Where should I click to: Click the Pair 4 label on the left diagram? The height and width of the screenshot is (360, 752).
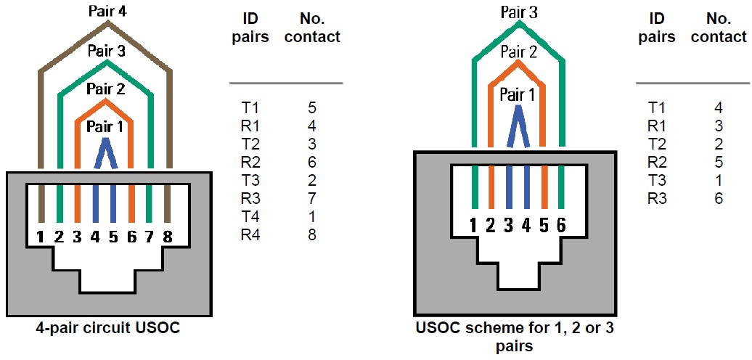pyautogui.click(x=107, y=12)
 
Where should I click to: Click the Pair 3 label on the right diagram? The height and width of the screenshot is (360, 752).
pyautogui.click(x=519, y=12)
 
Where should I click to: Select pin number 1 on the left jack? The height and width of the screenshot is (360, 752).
pyautogui.click(x=41, y=236)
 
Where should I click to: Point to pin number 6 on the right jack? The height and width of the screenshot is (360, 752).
pyautogui.click(x=560, y=226)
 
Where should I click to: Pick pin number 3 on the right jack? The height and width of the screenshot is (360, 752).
pyautogui.click(x=508, y=226)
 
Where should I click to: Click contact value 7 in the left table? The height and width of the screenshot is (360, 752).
pyautogui.click(x=312, y=198)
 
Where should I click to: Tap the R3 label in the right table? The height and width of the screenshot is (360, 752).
pyautogui.click(x=656, y=197)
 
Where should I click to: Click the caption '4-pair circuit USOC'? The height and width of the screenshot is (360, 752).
pyautogui.click(x=108, y=327)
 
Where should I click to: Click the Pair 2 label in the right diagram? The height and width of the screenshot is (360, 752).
pyautogui.click(x=518, y=52)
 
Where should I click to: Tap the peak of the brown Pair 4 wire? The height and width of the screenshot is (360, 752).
pyautogui.click(x=107, y=24)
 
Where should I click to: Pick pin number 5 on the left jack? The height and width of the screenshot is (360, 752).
pyautogui.click(x=113, y=236)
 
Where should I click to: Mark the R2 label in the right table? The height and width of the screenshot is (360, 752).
pyautogui.click(x=656, y=162)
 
